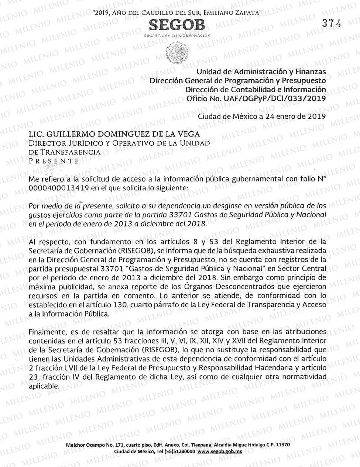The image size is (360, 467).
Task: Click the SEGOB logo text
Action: (x=176, y=25)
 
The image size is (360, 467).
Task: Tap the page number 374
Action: (x=331, y=23)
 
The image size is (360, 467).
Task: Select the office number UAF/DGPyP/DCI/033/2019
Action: (x=273, y=98)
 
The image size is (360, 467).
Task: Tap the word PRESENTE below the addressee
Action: (x=54, y=161)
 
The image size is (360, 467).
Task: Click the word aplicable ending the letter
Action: (x=44, y=386)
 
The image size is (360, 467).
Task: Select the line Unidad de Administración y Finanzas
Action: (x=261, y=72)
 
